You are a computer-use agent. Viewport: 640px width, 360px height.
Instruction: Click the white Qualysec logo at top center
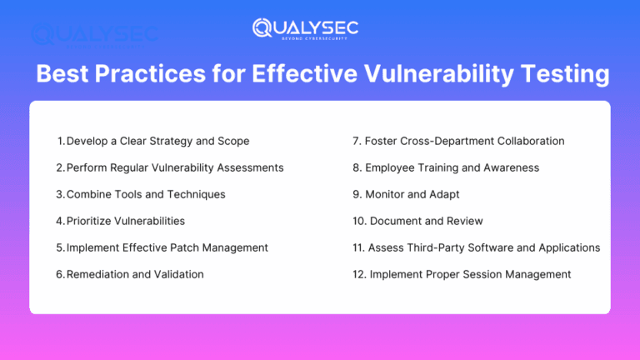pos(305,28)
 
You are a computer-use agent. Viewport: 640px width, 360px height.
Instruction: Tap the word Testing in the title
pos(565,75)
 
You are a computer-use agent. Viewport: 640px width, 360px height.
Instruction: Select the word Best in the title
pos(62,75)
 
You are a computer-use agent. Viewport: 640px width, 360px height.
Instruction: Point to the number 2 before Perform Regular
pos(59,167)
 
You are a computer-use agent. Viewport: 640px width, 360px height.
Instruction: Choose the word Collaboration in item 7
pos(527,141)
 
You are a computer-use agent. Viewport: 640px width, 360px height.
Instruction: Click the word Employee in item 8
pos(392,167)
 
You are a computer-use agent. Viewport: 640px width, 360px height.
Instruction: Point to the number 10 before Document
pos(358,221)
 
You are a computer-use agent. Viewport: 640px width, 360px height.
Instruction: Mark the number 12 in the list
pos(358,274)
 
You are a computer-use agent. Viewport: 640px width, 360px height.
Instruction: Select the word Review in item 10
pos(463,221)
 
